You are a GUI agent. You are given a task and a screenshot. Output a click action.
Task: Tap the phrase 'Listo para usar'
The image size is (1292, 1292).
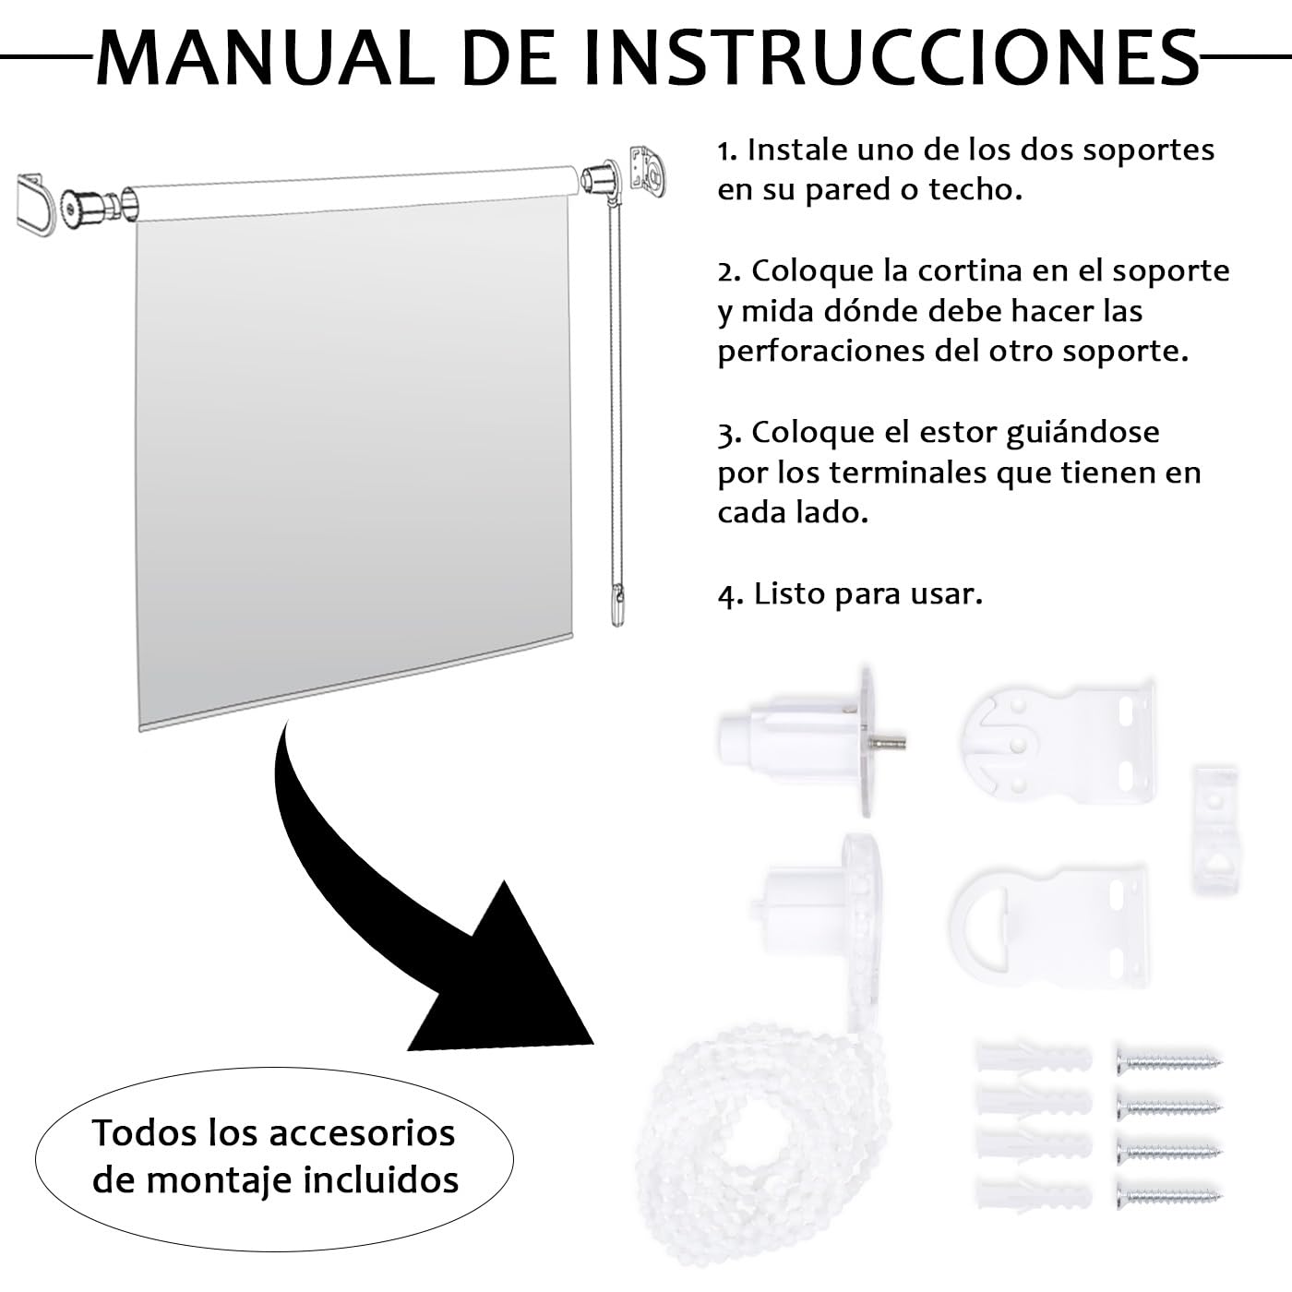click(x=867, y=594)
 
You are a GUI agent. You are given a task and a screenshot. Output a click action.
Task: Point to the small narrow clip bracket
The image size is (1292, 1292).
click(x=1214, y=829)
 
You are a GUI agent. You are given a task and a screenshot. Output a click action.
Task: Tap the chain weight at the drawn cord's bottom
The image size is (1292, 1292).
click(x=617, y=604)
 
